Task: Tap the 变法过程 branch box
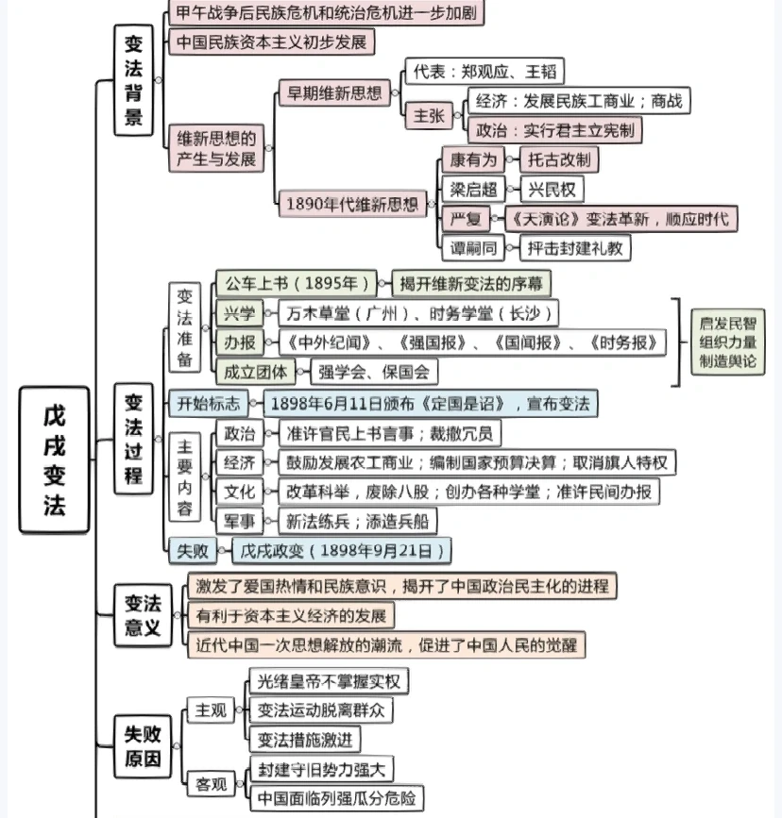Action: (x=134, y=439)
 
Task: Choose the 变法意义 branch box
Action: (x=144, y=615)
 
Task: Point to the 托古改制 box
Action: (x=560, y=159)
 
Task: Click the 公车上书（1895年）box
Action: (x=292, y=283)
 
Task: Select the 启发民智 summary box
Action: (x=727, y=343)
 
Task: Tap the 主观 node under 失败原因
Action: (x=210, y=709)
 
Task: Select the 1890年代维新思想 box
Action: (x=351, y=203)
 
